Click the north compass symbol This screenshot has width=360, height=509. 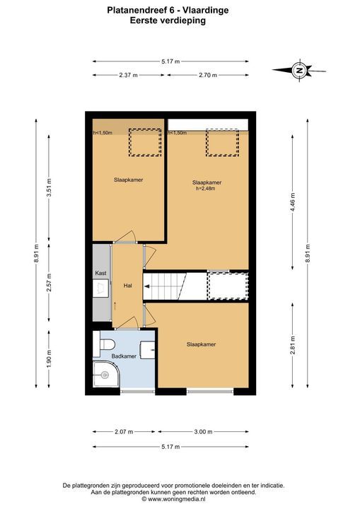pyautogui.click(x=299, y=70)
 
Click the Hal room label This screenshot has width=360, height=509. pyautogui.click(x=128, y=286)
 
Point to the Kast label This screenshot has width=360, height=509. pyautogui.click(x=100, y=274)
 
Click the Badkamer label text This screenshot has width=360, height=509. pyautogui.click(x=124, y=356)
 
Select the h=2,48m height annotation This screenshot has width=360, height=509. pyautogui.click(x=206, y=189)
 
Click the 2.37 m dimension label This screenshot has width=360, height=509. pyautogui.click(x=128, y=75)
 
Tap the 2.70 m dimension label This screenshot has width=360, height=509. pyautogui.click(x=208, y=75)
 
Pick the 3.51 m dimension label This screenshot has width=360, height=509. pyautogui.click(x=49, y=188)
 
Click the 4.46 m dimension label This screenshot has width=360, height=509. pyautogui.click(x=293, y=202)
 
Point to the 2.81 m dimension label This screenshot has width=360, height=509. pyautogui.click(x=293, y=346)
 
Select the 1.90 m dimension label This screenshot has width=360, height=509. pyautogui.click(x=49, y=359)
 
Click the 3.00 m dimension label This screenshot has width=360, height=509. pyautogui.click(x=203, y=432)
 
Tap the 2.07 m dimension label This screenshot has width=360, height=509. pyautogui.click(x=124, y=432)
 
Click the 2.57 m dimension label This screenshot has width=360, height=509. pyautogui.click(x=49, y=282)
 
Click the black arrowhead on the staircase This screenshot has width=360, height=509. pyautogui.click(x=147, y=286)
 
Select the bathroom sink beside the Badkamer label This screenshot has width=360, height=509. pyautogui.click(x=148, y=350)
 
